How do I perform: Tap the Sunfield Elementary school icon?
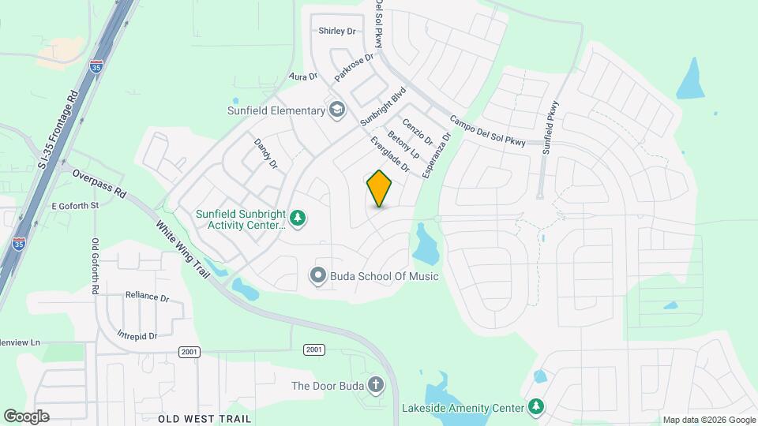pos(338,110)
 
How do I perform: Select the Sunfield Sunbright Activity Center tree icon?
pos(298,217)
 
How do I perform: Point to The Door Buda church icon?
pos(376,386)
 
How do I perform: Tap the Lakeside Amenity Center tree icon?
pos(537,408)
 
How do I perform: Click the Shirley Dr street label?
pos(337,32)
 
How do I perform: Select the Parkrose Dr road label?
pos(353,68)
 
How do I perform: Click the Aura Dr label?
pos(303,77)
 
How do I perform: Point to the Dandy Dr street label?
pos(266,154)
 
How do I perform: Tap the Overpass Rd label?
pos(99,182)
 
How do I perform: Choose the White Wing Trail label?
pos(182,248)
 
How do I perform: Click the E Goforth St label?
pos(73,205)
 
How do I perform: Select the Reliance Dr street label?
pos(148,297)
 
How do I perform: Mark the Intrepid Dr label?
pos(137,335)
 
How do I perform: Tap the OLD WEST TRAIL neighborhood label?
pos(205,418)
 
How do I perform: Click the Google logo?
pos(26,416)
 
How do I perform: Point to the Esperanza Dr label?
pos(436,155)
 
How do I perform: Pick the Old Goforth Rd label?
pos(95,267)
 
